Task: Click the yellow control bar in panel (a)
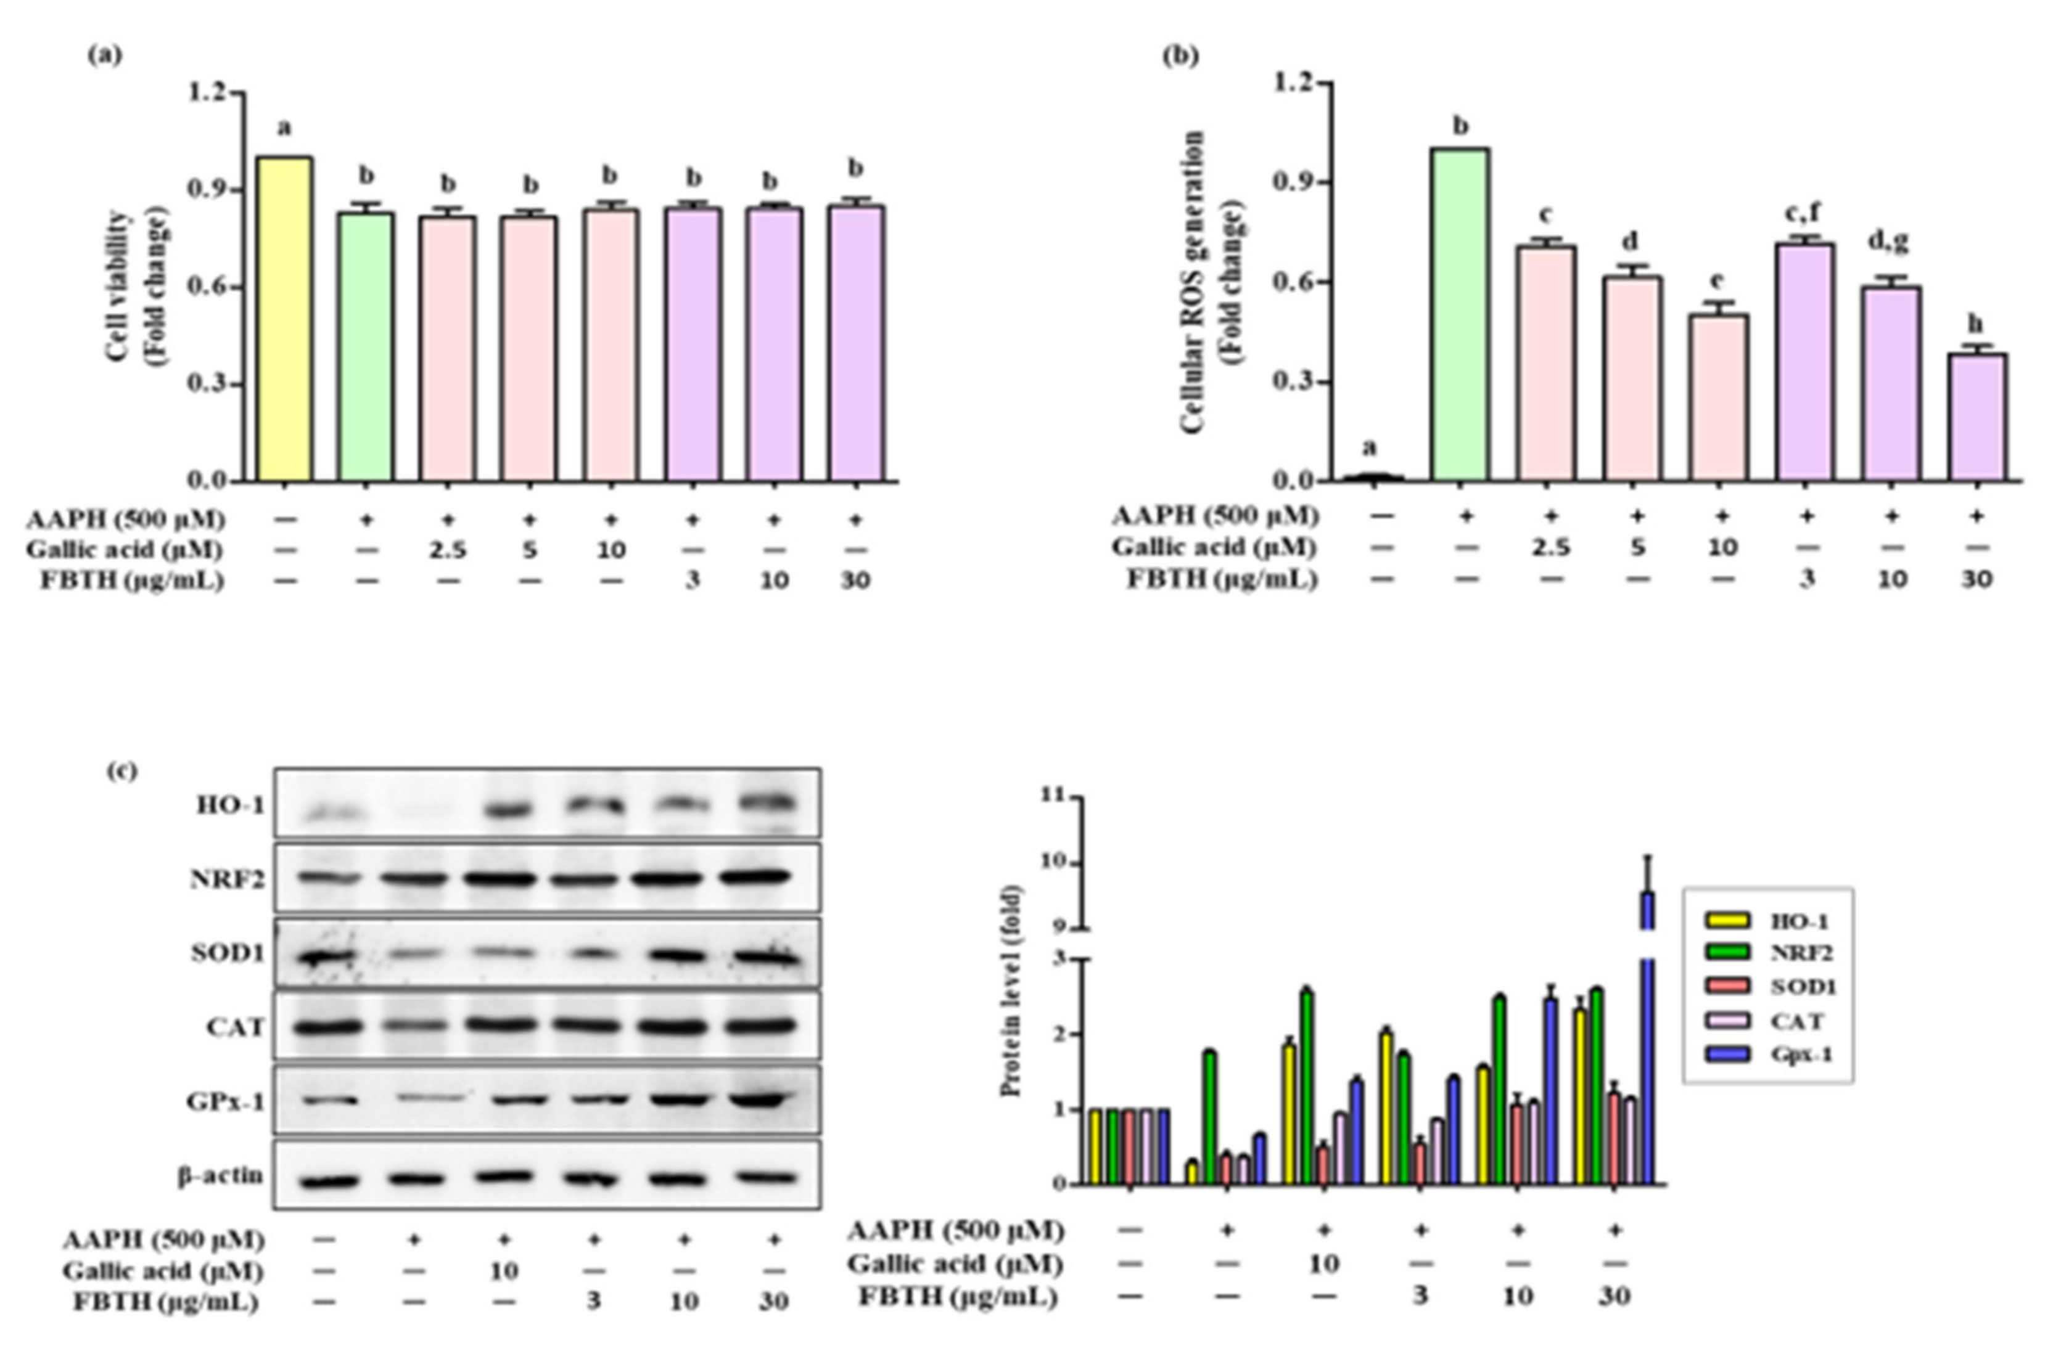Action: [284, 319]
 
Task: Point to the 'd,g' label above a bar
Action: [1889, 241]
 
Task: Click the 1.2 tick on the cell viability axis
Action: [207, 91]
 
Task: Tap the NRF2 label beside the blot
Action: [228, 880]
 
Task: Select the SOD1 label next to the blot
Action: [228, 954]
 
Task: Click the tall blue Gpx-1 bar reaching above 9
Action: [1647, 1043]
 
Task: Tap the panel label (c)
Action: [121, 770]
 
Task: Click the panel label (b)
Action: [1180, 57]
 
